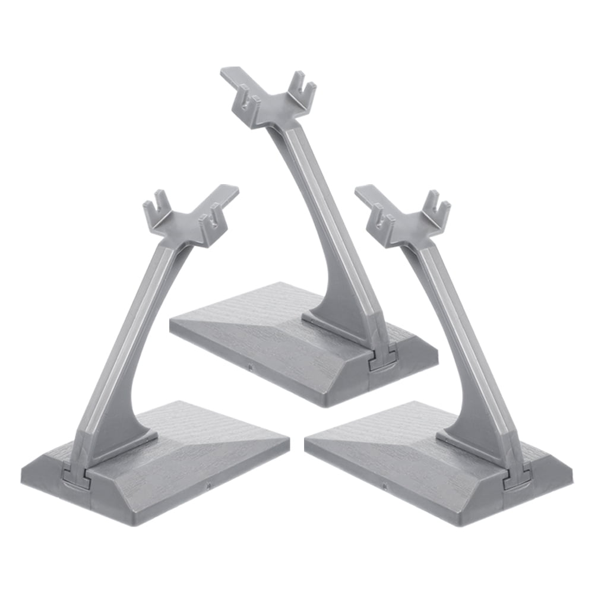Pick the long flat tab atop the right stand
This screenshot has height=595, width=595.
point(371,195)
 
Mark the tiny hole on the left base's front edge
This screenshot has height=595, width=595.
point(210,488)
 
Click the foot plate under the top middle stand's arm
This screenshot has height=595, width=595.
point(333,324)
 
